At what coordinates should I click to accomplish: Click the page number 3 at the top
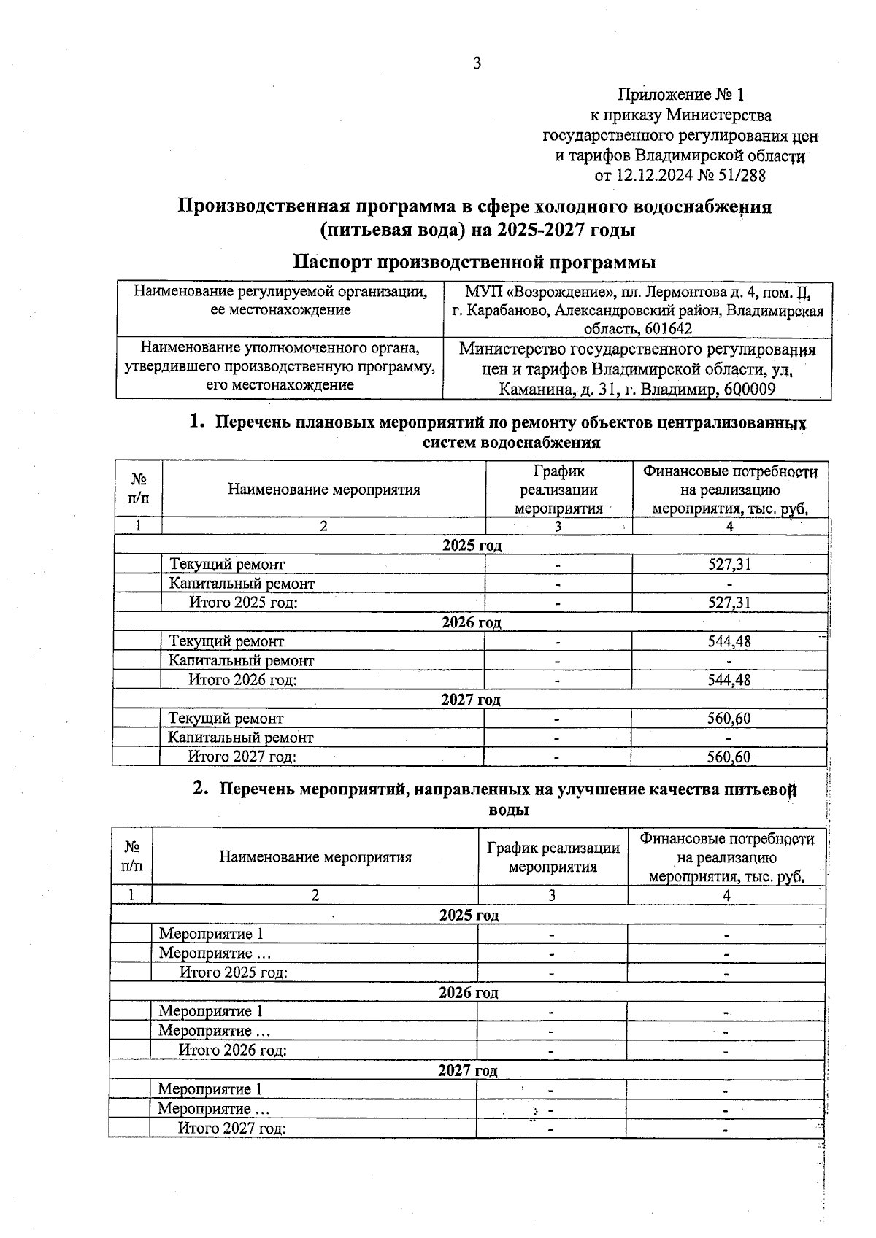click(477, 63)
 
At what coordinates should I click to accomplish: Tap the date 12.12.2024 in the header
click(653, 176)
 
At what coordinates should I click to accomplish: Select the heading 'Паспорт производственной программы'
click(474, 262)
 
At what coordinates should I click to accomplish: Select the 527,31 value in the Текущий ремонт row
click(729, 564)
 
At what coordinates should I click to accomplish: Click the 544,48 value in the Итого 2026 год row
click(729, 680)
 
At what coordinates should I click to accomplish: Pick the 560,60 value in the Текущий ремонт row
click(729, 719)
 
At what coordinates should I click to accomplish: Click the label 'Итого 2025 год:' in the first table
click(243, 603)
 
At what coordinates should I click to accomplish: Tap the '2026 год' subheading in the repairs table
click(472, 622)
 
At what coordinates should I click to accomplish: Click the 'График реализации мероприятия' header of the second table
click(553, 857)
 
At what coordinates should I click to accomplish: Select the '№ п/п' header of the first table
click(139, 489)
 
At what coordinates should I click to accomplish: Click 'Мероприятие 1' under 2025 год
click(211, 934)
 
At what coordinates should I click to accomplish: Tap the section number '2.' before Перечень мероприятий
click(201, 789)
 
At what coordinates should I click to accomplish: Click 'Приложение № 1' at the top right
click(680, 95)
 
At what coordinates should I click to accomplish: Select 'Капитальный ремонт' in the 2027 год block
click(241, 738)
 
